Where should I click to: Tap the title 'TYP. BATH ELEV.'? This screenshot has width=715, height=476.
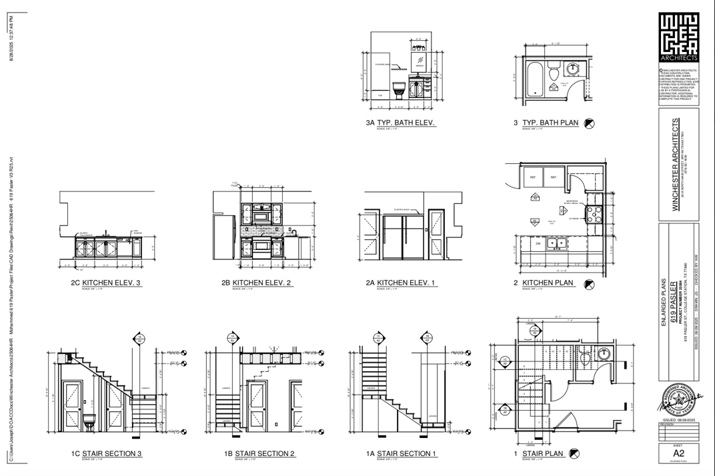[406, 123]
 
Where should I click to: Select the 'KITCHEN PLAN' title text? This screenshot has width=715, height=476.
[548, 283]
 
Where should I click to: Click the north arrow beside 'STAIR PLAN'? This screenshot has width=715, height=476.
[574, 454]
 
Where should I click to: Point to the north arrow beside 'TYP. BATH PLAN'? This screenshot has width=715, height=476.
[589, 123]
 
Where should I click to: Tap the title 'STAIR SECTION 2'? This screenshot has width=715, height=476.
[265, 454]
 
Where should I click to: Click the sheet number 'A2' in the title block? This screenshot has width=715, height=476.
[678, 453]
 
